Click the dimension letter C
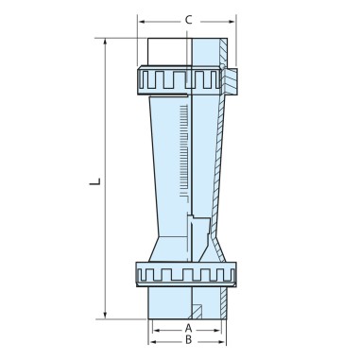click(189, 18)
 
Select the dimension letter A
click(188, 327)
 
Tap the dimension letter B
click(188, 339)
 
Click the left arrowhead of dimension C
click(142, 18)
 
